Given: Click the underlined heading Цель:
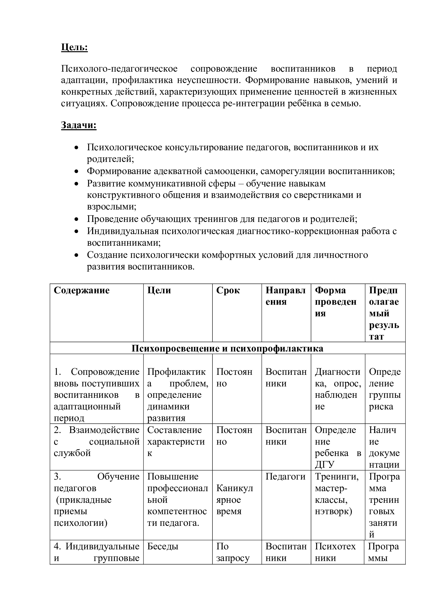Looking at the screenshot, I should [x=74, y=47].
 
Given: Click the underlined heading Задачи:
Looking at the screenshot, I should [x=79, y=125].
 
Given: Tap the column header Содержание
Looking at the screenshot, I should [x=82, y=290].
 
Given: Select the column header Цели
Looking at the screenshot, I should [x=159, y=290].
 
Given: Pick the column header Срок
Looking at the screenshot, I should [x=228, y=290].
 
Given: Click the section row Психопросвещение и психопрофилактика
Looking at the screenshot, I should [x=227, y=348].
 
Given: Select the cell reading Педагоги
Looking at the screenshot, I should [x=285, y=476].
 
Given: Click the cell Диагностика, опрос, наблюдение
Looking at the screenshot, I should [x=338, y=389].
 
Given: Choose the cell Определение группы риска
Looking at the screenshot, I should [x=385, y=389].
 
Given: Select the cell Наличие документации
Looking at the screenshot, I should [x=384, y=447].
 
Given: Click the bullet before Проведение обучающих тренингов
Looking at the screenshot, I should [x=76, y=219].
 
